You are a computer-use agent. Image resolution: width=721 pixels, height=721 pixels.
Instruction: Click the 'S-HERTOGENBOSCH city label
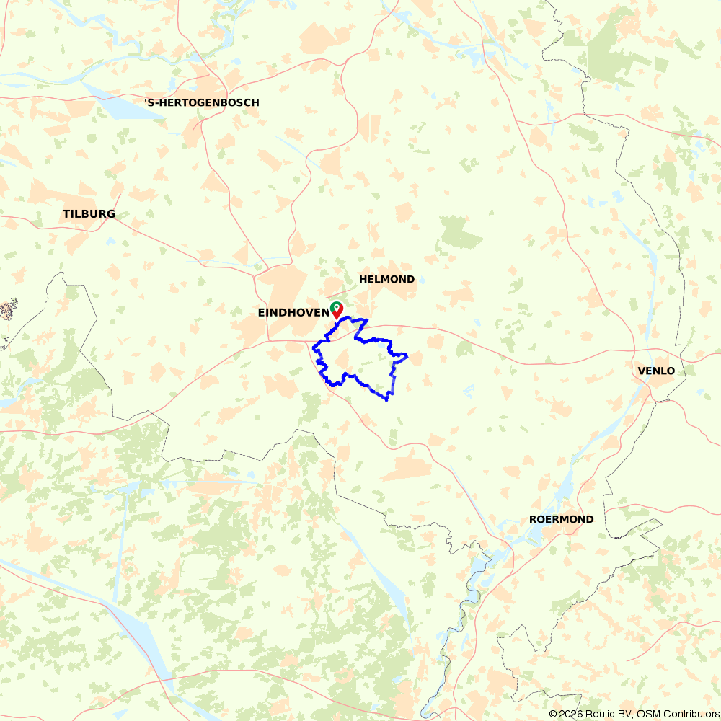pyautogui.click(x=202, y=103)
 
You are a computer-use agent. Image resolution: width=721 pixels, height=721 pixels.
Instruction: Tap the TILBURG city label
pyautogui.click(x=89, y=214)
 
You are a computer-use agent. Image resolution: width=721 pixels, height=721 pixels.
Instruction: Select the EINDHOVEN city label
pyautogui.click(x=293, y=313)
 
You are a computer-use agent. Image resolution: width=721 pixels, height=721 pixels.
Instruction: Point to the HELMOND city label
pyautogui.click(x=387, y=279)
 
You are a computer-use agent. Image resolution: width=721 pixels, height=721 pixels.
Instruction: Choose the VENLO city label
pyautogui.click(x=656, y=371)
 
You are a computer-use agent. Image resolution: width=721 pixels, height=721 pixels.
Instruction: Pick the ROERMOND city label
pyautogui.click(x=562, y=519)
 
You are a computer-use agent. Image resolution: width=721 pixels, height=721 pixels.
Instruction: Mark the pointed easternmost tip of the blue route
pyautogui.click(x=407, y=355)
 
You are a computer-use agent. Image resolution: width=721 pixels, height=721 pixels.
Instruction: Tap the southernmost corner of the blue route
pyautogui.click(x=388, y=399)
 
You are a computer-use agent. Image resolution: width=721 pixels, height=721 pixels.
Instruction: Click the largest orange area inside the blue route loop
pyautogui.click(x=342, y=360)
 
